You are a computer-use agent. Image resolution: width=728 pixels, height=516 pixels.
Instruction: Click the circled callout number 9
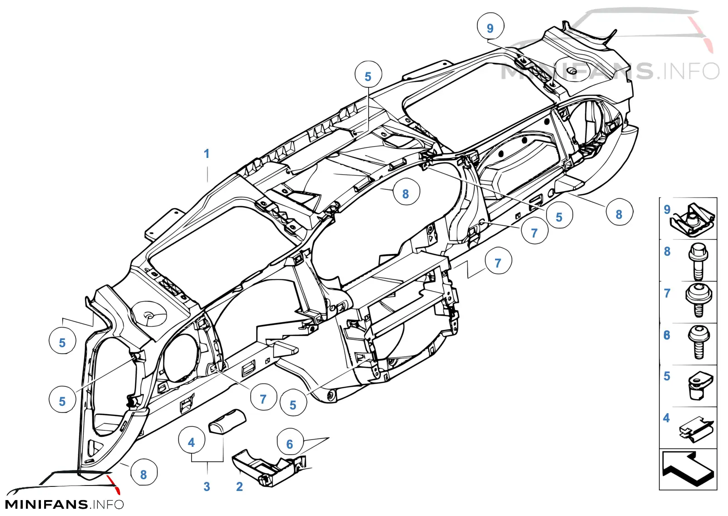pyautogui.click(x=490, y=26)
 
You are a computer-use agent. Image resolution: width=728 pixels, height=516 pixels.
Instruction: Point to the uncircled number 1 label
pyautogui.click(x=207, y=154)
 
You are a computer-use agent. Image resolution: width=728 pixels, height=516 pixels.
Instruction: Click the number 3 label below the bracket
pyautogui.click(x=207, y=487)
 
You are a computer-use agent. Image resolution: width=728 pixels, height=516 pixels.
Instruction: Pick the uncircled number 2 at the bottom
pyautogui.click(x=239, y=487)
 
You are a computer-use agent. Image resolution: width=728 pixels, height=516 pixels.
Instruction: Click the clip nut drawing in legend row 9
pyautogui.click(x=693, y=220)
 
